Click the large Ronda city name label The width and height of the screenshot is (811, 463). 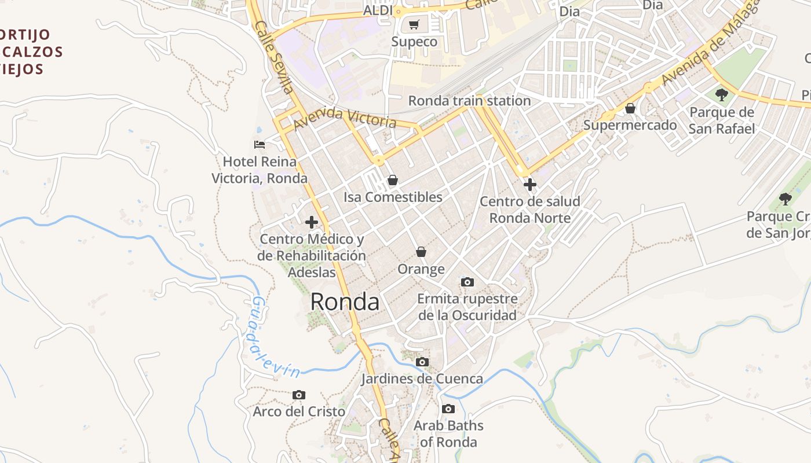pos(345,302)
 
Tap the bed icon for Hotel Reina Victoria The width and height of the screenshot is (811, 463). pos(260,144)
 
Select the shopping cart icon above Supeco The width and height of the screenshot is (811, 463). pos(414,24)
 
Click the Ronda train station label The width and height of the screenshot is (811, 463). pos(469,101)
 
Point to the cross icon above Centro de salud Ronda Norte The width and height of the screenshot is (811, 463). pos(529,185)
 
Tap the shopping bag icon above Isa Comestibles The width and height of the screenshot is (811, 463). pos(392,180)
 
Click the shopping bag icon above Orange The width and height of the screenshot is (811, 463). pos(421,252)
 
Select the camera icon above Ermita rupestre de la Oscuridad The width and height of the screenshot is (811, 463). pos(467,282)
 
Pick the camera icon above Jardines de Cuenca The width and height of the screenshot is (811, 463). pos(422,362)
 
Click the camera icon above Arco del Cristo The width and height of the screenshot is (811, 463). pos(299,395)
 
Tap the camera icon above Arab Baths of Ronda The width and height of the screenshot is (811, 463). pos(448,409)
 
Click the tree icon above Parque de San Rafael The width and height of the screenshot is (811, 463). pos(721,94)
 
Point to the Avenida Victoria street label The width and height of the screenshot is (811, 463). pos(345,118)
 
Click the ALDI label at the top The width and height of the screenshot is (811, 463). pos(378,10)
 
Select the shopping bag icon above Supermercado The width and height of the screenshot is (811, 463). pos(630,108)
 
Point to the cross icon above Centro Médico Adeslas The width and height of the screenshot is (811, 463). pos(311,222)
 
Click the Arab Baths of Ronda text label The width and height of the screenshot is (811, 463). pos(448,433)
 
